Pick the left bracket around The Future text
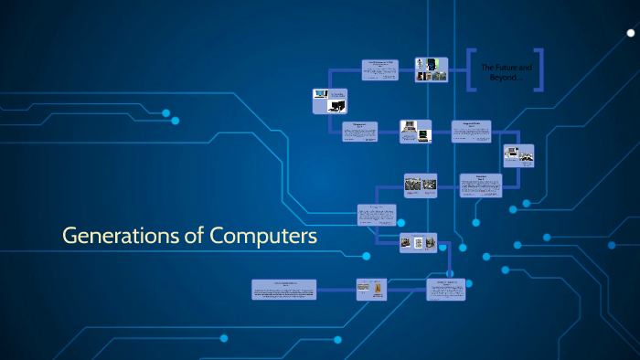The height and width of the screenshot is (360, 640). point(472,70)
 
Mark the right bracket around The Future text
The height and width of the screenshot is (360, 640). point(539,70)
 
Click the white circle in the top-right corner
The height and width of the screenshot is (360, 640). point(630,33)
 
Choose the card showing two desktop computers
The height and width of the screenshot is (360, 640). point(329,100)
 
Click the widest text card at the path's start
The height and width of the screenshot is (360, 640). point(284,290)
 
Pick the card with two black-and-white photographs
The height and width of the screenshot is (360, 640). point(421,184)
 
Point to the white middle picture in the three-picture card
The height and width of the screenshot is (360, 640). point(418,243)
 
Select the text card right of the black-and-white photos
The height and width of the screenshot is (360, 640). point(480,185)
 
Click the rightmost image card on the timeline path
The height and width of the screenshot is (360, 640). point(518,155)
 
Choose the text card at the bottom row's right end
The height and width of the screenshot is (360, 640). point(445,290)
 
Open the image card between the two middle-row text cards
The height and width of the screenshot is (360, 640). point(414,131)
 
